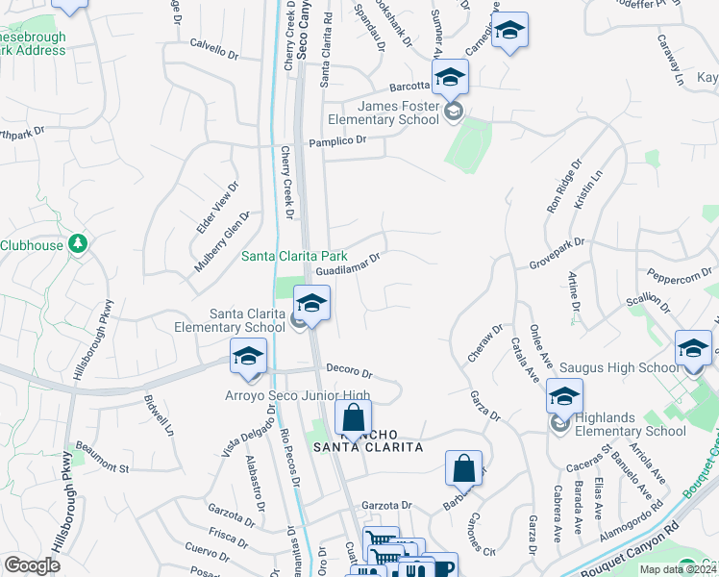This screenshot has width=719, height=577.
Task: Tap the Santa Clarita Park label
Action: click(293, 256)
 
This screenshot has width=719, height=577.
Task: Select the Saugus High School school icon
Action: click(693, 349)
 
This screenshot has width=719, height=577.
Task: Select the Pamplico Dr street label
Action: click(337, 141)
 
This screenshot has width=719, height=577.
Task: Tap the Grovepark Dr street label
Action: click(557, 253)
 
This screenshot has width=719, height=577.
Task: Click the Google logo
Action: click(32, 565)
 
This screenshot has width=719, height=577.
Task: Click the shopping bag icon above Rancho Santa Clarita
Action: click(353, 418)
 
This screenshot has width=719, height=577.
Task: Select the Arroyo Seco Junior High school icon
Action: click(248, 358)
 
